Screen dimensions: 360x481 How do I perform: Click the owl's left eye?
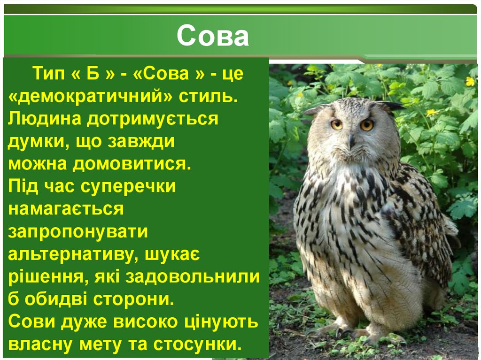(x=336, y=124)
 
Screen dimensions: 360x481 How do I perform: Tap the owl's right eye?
(x=367, y=125)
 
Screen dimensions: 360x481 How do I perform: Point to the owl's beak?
(x=351, y=140)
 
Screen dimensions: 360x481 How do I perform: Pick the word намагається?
(x=66, y=209)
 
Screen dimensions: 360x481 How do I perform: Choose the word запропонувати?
(x=78, y=231)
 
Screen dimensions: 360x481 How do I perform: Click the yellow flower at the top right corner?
(x=469, y=81)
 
